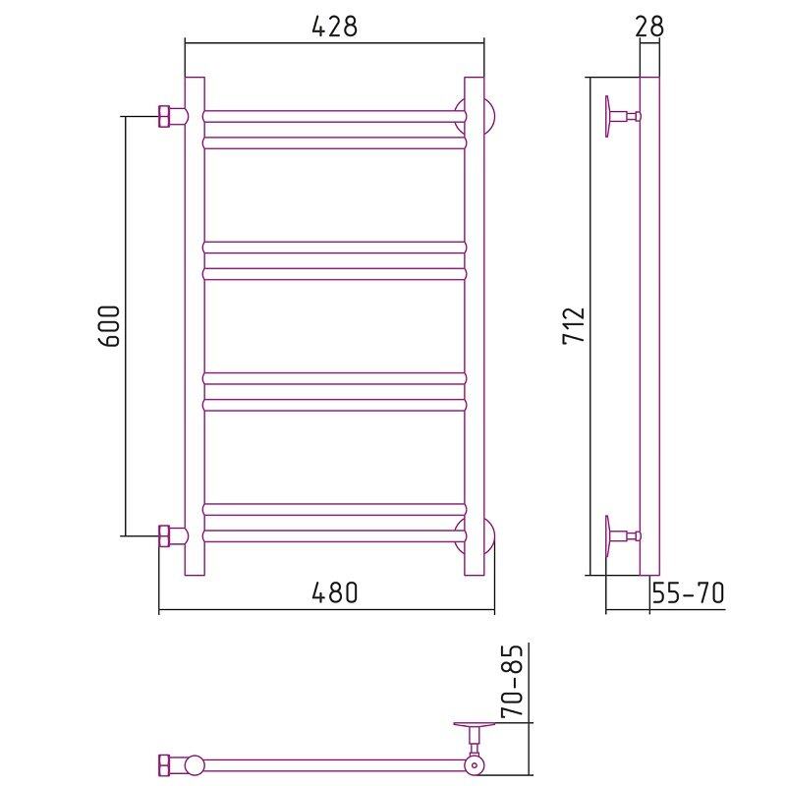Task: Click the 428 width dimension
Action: pyautogui.click(x=335, y=27)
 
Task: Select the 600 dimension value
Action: pyautogui.click(x=109, y=326)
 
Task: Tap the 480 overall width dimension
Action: pyautogui.click(x=335, y=592)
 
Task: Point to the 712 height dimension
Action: pyautogui.click(x=574, y=325)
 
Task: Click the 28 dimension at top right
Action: pyautogui.click(x=649, y=27)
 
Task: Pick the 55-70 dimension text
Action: pyautogui.click(x=688, y=593)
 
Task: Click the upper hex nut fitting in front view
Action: pyautogui.click(x=165, y=116)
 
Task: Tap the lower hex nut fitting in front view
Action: pyautogui.click(x=165, y=535)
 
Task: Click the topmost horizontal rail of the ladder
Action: pyautogui.click(x=335, y=116)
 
